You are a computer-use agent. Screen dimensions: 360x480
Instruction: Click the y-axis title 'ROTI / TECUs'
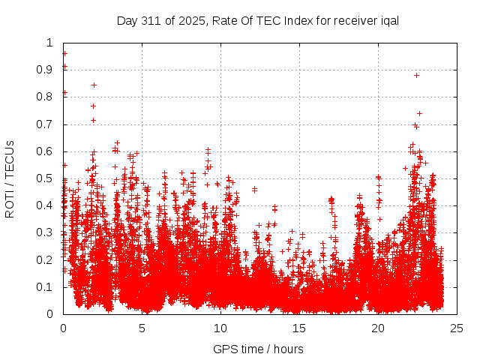(10, 178)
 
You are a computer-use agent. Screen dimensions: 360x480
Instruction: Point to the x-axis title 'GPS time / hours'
(259, 349)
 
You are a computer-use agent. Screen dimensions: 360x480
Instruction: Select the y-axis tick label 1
(49, 43)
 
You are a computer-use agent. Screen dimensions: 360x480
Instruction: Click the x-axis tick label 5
(142, 328)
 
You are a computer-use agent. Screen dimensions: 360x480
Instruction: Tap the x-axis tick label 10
(220, 328)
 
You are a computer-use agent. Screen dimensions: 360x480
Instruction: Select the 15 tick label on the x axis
(299, 328)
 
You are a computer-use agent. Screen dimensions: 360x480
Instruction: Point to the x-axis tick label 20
(378, 328)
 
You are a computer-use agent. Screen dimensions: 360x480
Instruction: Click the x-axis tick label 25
(457, 328)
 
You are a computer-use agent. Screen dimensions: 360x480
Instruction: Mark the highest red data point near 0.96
(64, 53)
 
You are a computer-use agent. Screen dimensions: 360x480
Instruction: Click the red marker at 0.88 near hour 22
(416, 75)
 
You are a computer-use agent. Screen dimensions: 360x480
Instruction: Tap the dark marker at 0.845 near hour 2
(94, 85)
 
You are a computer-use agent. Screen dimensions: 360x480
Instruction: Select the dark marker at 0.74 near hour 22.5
(419, 113)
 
